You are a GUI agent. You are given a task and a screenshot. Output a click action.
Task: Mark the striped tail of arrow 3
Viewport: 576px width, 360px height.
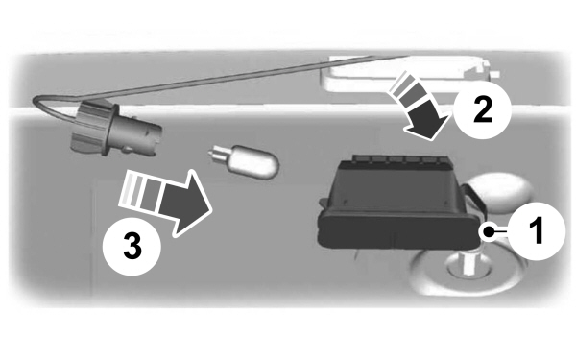coord(137,195)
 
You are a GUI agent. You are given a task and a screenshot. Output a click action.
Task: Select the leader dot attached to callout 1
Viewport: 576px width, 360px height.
coord(491,231)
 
